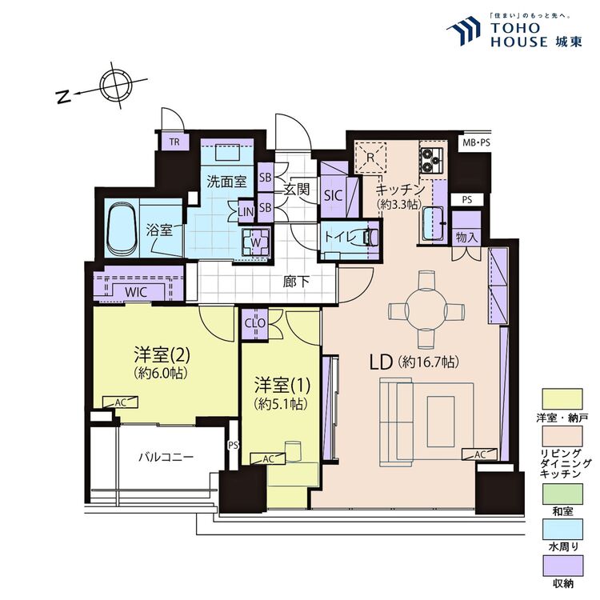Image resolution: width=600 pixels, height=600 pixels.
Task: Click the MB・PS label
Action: (474, 142)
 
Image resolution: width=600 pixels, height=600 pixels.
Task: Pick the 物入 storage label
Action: (466, 238)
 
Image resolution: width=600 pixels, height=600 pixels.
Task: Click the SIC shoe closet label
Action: (333, 194)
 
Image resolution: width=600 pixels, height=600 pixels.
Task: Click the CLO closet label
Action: (254, 322)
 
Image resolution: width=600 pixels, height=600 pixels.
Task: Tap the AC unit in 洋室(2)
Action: (119, 402)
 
